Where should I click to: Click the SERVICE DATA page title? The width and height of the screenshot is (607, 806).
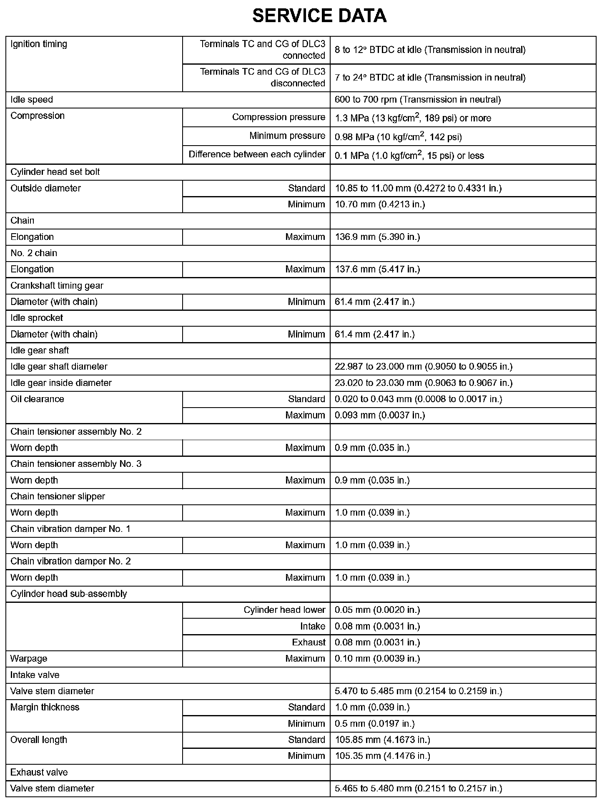(319, 16)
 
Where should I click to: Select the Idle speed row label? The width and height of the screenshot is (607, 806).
(32, 100)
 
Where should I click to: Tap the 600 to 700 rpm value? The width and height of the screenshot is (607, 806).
(417, 100)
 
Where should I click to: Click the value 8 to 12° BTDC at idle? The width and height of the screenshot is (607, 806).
(430, 50)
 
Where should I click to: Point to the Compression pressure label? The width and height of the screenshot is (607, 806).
(278, 117)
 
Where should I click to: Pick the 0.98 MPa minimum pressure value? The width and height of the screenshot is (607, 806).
(398, 137)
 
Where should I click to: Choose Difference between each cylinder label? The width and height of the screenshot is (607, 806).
(257, 154)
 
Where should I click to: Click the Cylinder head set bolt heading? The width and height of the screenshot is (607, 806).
(55, 172)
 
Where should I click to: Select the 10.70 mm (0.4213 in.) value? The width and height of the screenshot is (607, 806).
(380, 204)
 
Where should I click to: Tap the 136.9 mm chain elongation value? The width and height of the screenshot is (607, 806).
(377, 237)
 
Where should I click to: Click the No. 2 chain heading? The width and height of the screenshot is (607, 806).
(34, 253)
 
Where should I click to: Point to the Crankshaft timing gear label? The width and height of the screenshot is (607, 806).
(57, 286)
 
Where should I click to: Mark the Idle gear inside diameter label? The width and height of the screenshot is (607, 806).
(61, 383)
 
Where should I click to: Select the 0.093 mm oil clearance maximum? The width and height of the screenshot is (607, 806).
(380, 416)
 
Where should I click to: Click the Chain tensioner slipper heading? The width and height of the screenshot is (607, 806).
(58, 496)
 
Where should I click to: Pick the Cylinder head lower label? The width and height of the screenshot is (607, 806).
(284, 610)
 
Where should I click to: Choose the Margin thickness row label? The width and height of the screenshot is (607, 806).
(45, 707)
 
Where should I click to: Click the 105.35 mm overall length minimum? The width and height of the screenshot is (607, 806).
(382, 756)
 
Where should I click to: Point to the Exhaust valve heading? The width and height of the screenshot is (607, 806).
(39, 772)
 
